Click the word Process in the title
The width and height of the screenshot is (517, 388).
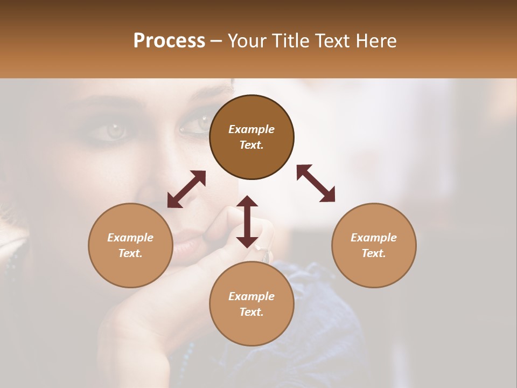(169, 41)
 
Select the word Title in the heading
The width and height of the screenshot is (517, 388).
(291, 41)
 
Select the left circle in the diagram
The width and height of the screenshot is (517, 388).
(130, 245)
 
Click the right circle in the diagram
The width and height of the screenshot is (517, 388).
(374, 245)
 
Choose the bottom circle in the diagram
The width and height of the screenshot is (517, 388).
(251, 304)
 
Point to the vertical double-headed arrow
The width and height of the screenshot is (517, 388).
(247, 221)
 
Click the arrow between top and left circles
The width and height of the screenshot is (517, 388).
(186, 189)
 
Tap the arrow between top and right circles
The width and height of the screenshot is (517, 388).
(316, 183)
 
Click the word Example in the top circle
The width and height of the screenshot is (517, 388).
(251, 129)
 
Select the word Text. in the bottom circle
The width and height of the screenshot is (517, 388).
(251, 312)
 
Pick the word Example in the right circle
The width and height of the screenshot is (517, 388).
(374, 238)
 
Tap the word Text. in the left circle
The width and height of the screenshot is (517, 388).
(130, 253)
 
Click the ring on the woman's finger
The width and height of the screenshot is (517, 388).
(265, 253)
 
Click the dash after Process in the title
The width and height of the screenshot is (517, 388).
(216, 41)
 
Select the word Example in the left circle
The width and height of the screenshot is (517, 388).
(130, 238)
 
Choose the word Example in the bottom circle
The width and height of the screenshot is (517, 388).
(251, 296)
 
